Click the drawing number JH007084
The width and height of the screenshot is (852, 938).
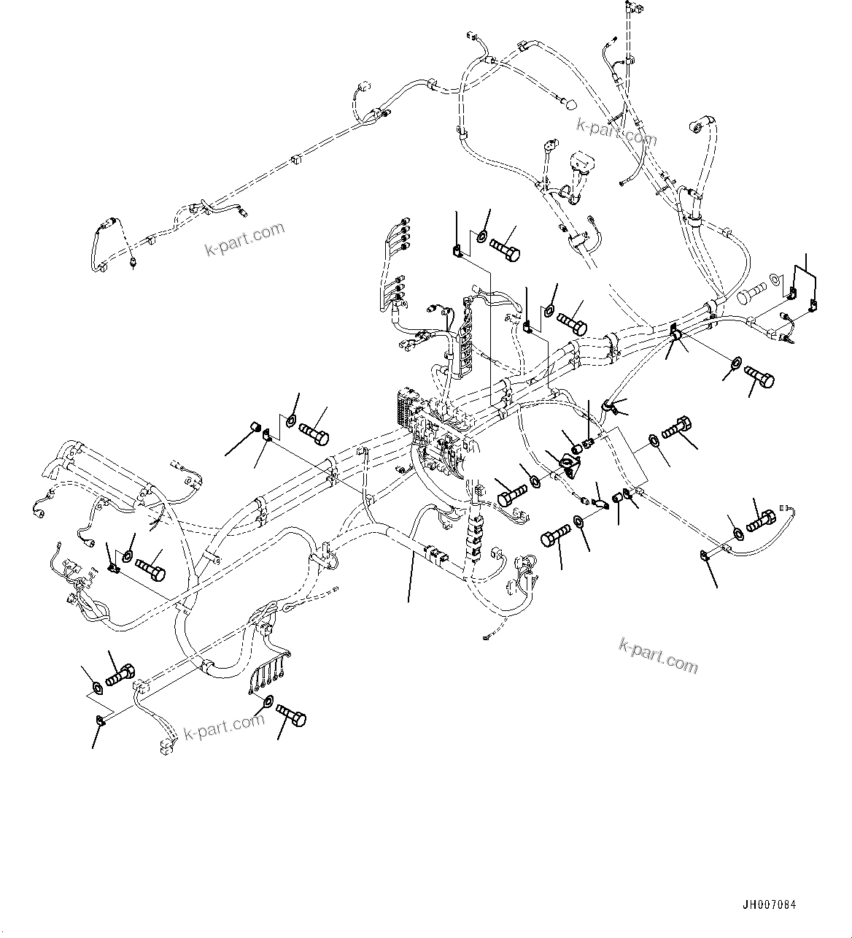[769, 905]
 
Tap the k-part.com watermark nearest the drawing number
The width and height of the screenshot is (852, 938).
[658, 655]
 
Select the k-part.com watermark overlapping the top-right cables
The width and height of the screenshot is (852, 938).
[616, 133]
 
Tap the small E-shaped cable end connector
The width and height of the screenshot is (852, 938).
[785, 508]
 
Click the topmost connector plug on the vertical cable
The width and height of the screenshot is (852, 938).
[631, 8]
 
